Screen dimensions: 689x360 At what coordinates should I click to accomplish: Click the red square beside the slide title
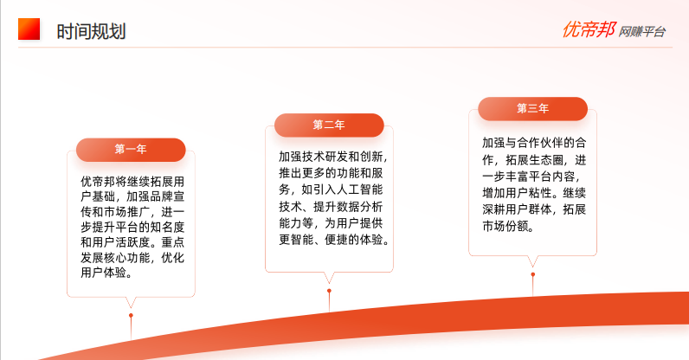click(x=29, y=29)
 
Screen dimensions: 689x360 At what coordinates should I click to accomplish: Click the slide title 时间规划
click(x=92, y=32)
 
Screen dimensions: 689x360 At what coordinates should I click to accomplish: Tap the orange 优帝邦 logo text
click(x=589, y=30)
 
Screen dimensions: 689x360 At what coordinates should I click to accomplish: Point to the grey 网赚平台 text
click(x=642, y=32)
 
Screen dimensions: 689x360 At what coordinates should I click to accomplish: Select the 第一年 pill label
click(x=131, y=150)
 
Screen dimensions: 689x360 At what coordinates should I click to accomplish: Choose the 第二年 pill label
click(x=329, y=125)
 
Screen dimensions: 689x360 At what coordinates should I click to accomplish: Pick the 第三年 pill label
click(x=532, y=108)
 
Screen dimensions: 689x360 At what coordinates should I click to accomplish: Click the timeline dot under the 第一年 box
click(x=131, y=316)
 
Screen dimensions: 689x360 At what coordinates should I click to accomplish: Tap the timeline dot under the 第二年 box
click(x=329, y=291)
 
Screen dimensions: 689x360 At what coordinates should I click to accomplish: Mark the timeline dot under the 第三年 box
click(x=533, y=274)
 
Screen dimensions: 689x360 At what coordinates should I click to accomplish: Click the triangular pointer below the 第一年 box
click(x=131, y=302)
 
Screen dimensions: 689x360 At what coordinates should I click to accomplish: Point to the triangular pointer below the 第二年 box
click(x=329, y=278)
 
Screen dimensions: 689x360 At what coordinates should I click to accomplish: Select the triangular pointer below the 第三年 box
click(x=533, y=261)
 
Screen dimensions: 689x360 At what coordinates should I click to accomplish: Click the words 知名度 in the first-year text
click(x=167, y=228)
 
